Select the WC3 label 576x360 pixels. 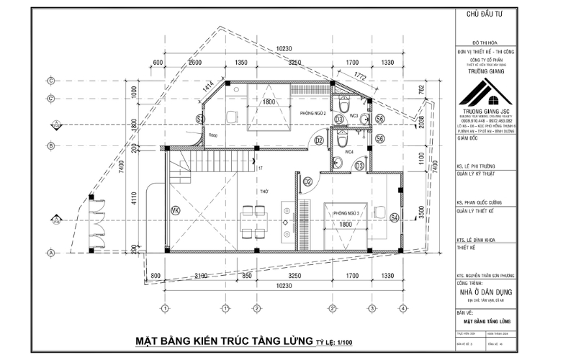(x=354, y=115)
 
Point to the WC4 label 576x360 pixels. (x=348, y=152)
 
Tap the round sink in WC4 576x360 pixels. (x=336, y=162)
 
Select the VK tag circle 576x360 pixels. (x=175, y=210)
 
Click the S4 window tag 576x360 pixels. (x=394, y=217)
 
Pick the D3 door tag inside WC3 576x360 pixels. (x=338, y=119)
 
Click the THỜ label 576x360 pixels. (x=265, y=192)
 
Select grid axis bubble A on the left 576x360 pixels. (x=51, y=253)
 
